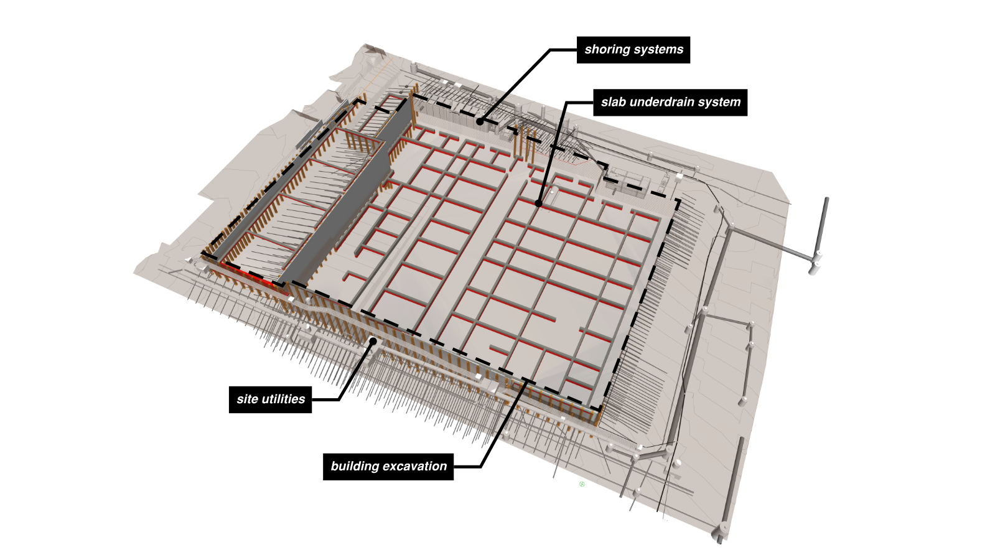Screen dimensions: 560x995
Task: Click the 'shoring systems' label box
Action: pyautogui.click(x=633, y=50)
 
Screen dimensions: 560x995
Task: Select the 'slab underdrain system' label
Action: pyautogui.click(x=670, y=102)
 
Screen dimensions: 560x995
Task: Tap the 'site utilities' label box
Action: pyautogui.click(x=270, y=399)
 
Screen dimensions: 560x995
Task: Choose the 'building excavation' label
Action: pyautogui.click(x=388, y=467)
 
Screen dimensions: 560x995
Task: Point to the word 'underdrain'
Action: pyautogui.click(x=668, y=102)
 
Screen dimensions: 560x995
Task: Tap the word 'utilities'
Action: pyautogui.click(x=283, y=399)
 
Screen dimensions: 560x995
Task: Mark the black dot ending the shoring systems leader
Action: pyautogui.click(x=480, y=122)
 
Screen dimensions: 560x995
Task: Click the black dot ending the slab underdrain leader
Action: pyautogui.click(x=538, y=203)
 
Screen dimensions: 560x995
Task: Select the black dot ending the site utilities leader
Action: pyautogui.click(x=373, y=340)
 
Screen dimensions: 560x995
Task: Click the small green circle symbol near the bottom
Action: pyautogui.click(x=582, y=484)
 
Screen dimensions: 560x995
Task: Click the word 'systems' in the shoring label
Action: pyautogui.click(x=661, y=50)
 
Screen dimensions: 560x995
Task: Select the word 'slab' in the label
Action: pyautogui.click(x=613, y=102)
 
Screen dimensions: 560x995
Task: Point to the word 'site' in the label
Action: pyautogui.click(x=247, y=399)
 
